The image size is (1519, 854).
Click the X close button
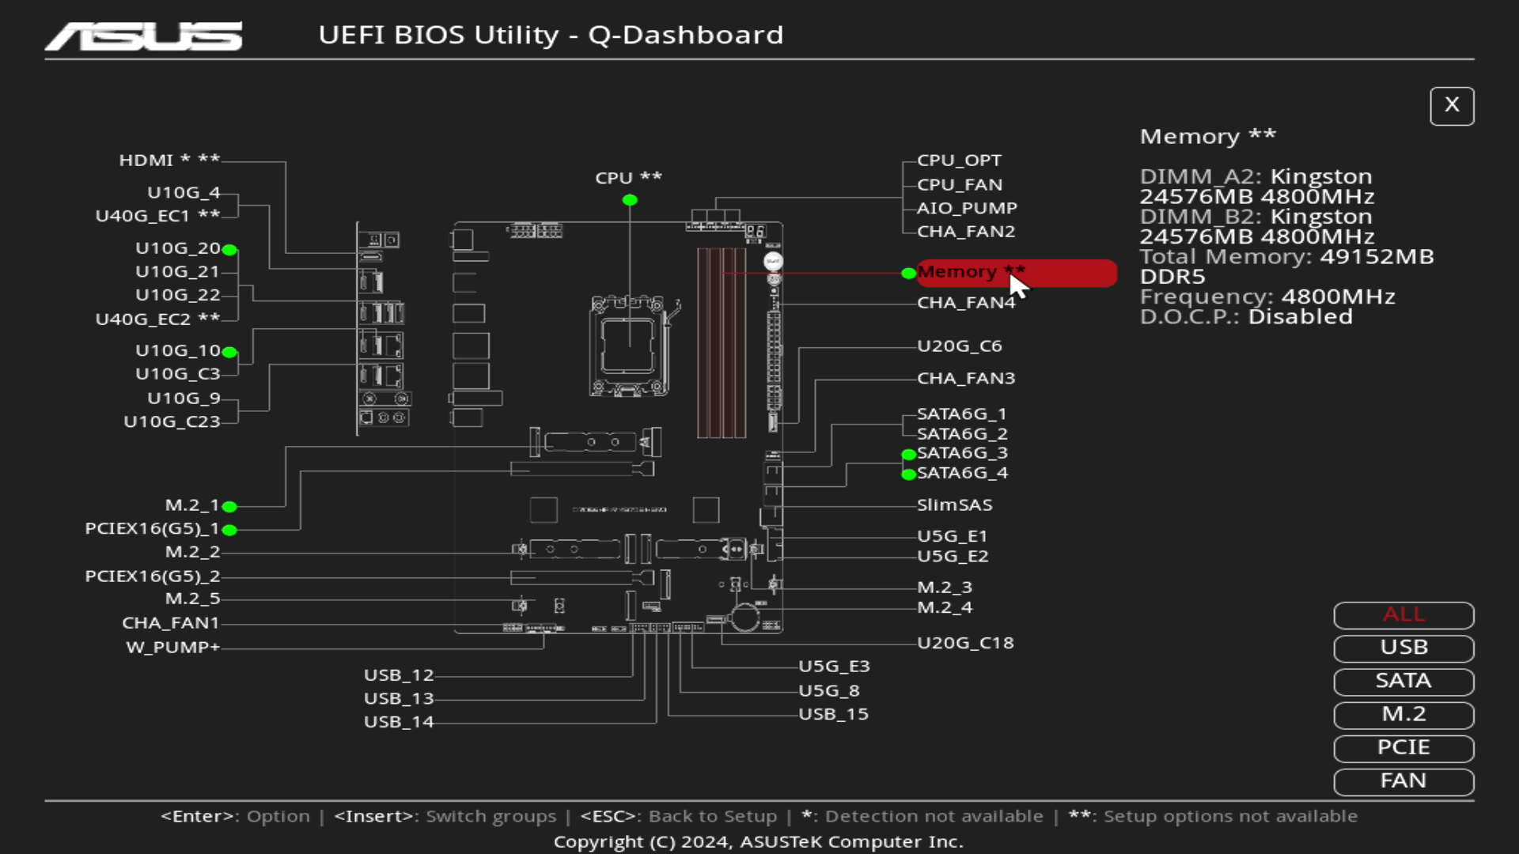[1452, 105]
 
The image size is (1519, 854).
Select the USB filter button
[1403, 648]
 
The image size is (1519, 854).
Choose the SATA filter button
[1403, 681]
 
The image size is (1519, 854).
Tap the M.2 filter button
[1403, 714]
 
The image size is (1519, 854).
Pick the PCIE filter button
[1403, 747]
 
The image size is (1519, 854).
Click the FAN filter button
[1403, 780]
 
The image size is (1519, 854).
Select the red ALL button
[1403, 614]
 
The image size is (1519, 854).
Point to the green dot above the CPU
[630, 200]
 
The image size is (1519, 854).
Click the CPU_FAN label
[959, 184]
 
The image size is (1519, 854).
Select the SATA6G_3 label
[962, 453]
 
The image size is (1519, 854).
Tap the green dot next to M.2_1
[229, 507]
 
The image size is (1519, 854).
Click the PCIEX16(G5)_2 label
[152, 576]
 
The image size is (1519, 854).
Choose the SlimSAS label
[954, 505]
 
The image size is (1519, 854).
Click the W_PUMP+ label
[172, 648]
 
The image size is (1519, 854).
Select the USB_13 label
[399, 699]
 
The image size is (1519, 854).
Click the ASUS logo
[144, 36]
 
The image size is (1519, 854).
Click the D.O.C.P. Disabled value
[1300, 317]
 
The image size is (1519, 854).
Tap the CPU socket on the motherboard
[629, 346]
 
